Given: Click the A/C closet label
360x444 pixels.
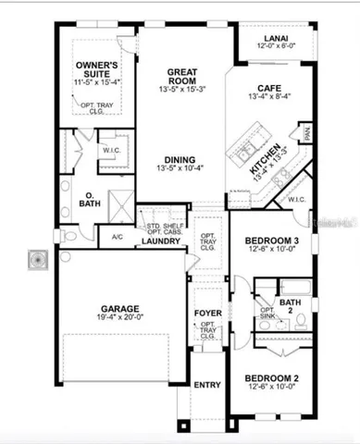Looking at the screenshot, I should point(117,237).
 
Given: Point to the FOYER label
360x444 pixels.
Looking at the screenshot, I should point(207,313).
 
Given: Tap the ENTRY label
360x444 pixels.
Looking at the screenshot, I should point(206,384).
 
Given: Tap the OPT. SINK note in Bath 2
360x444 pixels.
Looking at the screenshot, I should point(267,314).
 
